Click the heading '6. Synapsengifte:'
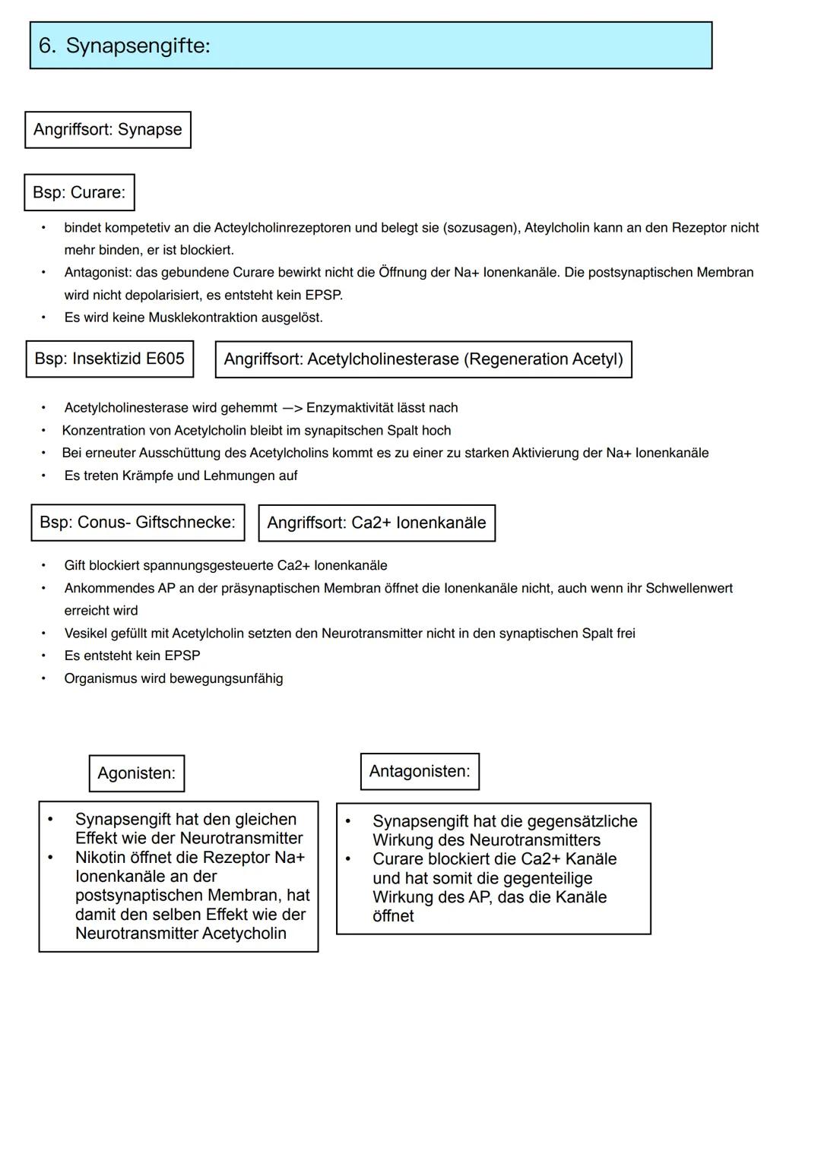tap(124, 46)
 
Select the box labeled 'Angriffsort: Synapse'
tap(107, 130)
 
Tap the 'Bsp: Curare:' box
tap(79, 192)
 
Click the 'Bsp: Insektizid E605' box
tap(109, 359)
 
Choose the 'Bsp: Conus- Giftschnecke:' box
tap(138, 523)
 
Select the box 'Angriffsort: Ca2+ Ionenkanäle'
tap(376, 523)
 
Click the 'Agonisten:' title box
tap(136, 773)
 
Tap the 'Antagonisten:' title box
tap(420, 771)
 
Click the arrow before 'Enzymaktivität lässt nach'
tap(292, 408)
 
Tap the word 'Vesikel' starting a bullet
tap(85, 634)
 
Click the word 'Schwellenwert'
tap(689, 588)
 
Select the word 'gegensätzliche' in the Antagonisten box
tap(582, 821)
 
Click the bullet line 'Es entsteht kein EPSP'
tap(132, 656)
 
